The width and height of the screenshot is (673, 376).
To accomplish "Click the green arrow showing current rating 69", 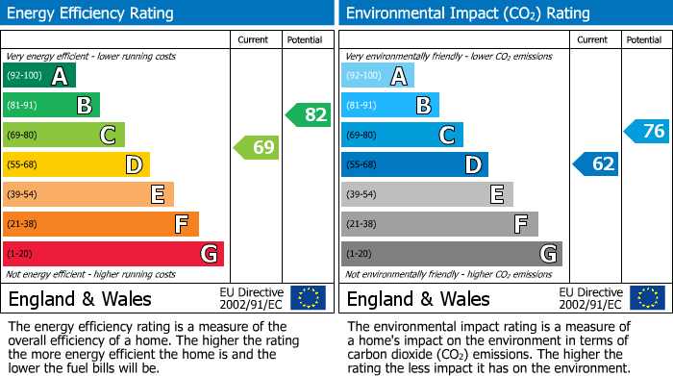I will pos(257,148).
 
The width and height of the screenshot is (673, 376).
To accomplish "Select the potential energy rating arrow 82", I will pos(309,115).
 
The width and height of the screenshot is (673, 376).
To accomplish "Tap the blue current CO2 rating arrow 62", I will pos(596,164).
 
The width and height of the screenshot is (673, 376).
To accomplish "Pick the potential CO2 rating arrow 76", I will pos(647,132).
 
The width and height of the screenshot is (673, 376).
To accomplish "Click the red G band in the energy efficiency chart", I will pos(113,254).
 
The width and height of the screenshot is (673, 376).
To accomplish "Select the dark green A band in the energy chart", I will pos(39,76).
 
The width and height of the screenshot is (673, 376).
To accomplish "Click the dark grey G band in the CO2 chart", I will pos(451,254).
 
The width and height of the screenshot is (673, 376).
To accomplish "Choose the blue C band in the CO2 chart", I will pos(402,135).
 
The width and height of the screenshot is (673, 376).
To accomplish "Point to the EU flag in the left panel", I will pos(308,298).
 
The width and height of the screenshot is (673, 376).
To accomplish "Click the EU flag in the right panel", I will pos(646,298).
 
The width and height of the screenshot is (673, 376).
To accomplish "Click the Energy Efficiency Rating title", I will pos(91,13).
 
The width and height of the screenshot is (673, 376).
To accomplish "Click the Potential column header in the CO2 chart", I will pos(644,39).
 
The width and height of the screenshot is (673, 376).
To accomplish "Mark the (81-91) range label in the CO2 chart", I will pos(362,105).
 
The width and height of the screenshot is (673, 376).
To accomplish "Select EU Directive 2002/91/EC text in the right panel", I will pos(590,298).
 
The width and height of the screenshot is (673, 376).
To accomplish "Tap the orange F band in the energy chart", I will pos(101,224).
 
